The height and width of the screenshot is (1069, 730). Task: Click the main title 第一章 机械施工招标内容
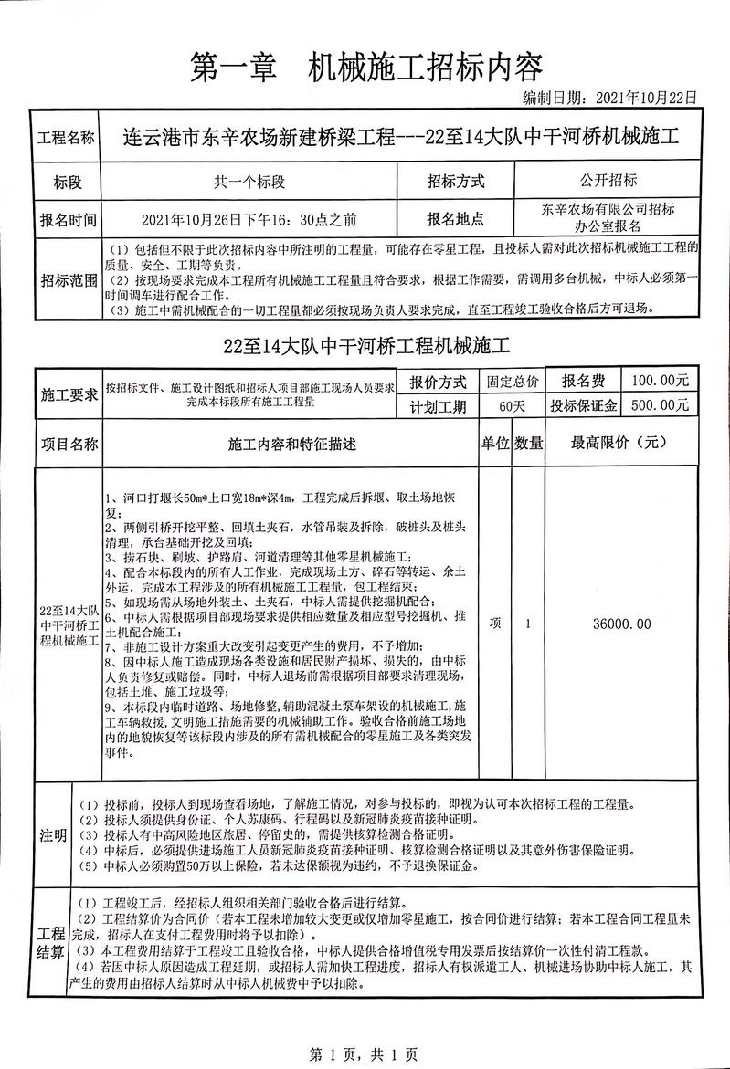coord(365,66)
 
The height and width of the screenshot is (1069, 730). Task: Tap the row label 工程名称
coord(65,139)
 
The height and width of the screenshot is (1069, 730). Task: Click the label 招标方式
coord(455,181)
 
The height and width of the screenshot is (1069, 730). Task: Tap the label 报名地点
coord(455,219)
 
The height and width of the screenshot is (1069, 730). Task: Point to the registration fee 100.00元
coord(656,380)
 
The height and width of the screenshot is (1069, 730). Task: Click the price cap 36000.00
coord(621,624)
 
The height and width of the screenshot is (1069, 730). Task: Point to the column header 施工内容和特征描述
coord(291,445)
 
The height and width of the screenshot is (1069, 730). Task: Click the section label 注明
coord(52,835)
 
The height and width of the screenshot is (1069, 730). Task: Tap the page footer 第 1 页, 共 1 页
coord(365,1055)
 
